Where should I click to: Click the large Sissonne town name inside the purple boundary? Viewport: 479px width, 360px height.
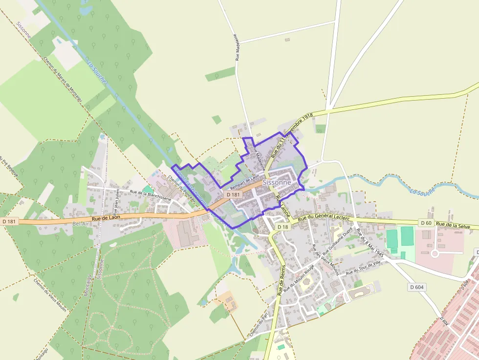click(x=277, y=182)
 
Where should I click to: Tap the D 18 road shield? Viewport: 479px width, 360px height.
click(x=283, y=227)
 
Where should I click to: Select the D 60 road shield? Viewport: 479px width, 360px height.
click(x=426, y=223)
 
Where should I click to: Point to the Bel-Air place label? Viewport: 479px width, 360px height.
click(x=82, y=224)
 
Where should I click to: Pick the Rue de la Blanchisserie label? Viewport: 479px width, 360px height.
click(x=150, y=195)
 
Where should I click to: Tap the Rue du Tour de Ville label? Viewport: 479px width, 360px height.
click(x=363, y=268)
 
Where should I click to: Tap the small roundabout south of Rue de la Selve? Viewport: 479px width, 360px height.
click(x=434, y=253)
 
